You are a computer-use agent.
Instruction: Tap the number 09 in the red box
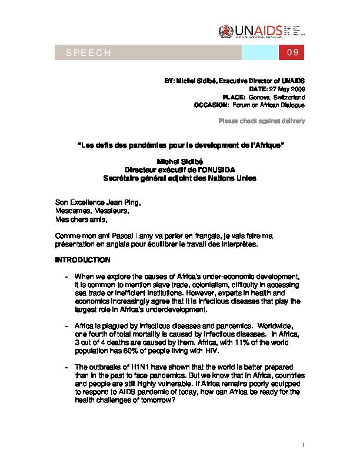[x=294, y=54]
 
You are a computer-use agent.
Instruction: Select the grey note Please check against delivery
[x=262, y=121]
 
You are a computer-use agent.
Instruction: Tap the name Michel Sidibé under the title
[x=179, y=162]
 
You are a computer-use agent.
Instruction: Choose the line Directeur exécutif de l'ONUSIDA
[x=179, y=170]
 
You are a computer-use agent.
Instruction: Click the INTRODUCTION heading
[x=82, y=259]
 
